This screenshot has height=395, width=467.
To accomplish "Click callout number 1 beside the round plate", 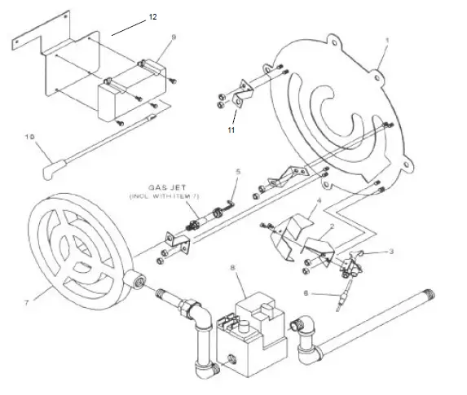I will [x=387, y=41].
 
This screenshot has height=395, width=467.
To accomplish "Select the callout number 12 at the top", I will [x=152, y=17].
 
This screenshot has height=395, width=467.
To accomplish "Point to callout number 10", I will [x=30, y=139].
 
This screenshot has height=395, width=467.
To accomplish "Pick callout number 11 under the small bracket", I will [x=231, y=129].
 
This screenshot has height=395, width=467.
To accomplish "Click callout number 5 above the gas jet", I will [x=238, y=172].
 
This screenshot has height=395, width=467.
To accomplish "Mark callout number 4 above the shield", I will [x=319, y=200].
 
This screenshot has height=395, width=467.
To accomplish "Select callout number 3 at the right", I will [x=390, y=252].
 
